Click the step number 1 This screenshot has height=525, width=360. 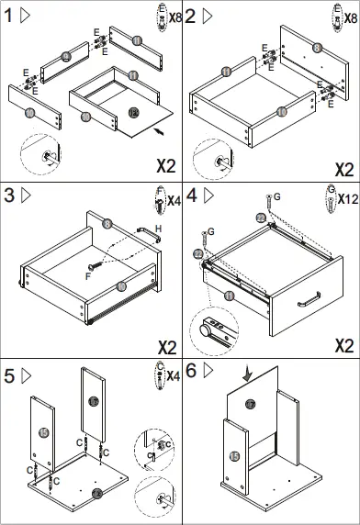pyautogui.click(x=8, y=16)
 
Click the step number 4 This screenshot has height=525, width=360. pyautogui.click(x=190, y=195)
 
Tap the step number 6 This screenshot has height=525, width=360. pyautogui.click(x=190, y=372)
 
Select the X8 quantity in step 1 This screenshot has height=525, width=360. pyautogui.click(x=172, y=17)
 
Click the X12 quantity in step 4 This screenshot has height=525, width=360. pyautogui.click(x=347, y=198)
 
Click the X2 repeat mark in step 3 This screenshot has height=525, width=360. pyautogui.click(x=166, y=348)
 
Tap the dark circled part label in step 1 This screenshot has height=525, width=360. pyautogui.click(x=133, y=113)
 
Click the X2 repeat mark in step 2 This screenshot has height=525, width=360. pyautogui.click(x=344, y=170)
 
